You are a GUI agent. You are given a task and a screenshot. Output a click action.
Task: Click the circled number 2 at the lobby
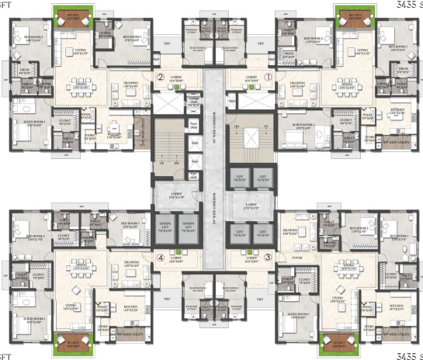click(x=161, y=78)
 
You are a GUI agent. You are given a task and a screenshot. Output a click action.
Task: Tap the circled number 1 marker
click(x=269, y=78)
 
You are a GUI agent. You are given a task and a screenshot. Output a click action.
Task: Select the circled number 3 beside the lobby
click(x=268, y=258)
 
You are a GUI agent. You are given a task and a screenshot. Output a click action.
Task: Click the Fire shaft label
click(x=192, y=126)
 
